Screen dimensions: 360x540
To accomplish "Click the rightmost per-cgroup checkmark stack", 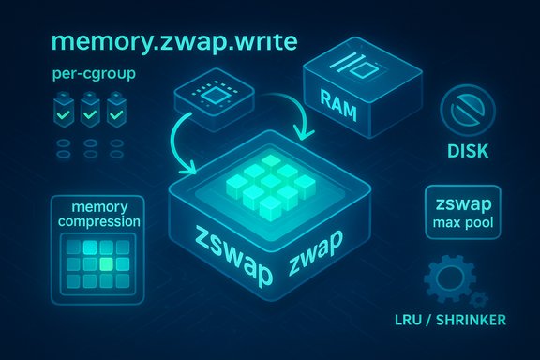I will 116,112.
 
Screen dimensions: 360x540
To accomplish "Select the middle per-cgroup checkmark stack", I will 90,112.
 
